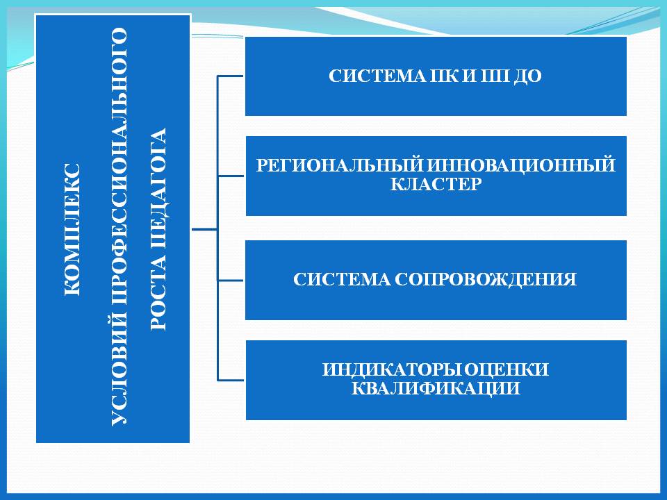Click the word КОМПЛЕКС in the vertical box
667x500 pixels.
(72, 230)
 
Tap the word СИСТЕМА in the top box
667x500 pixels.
(377, 76)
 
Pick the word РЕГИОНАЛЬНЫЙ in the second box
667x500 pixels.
(339, 165)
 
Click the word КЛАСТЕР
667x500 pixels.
(436, 184)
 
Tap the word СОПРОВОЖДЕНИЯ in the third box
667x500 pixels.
(486, 279)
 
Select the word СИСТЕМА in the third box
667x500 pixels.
(342, 279)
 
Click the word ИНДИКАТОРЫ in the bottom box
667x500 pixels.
(391, 369)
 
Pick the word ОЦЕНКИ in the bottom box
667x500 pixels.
(507, 370)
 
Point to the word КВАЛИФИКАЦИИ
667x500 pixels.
(436, 389)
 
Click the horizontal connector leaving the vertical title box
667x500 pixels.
(204, 229)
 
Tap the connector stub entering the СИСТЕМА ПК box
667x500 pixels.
(231, 76)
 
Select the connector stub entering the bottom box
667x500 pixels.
(231, 380)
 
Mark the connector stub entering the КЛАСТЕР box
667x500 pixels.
(231, 176)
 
